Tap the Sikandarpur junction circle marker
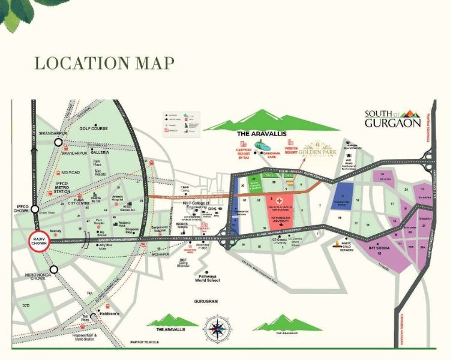click(x=58, y=143)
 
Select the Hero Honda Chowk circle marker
click(x=54, y=269)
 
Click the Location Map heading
click(x=104, y=62)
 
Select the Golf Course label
click(x=93, y=128)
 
